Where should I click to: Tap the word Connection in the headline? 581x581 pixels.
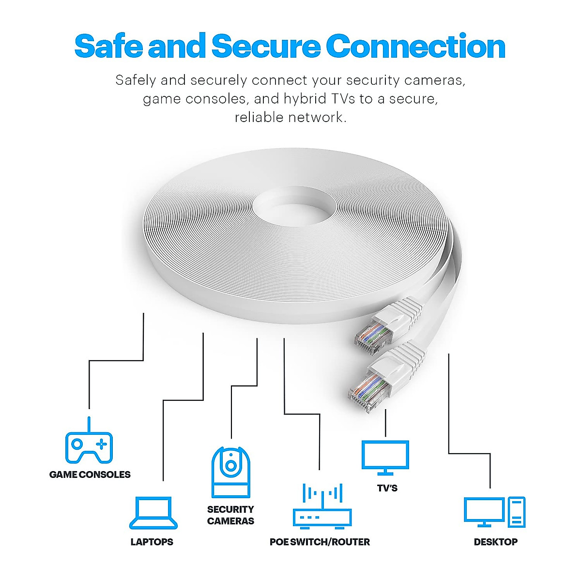tap(415, 46)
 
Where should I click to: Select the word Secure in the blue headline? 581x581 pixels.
tap(266, 46)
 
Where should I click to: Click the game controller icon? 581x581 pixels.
tap(89, 444)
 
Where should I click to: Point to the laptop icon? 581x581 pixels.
tap(153, 513)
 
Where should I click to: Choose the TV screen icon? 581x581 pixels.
tap(385, 457)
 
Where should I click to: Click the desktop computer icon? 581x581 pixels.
tap(494, 512)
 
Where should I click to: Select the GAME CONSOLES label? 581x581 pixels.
tap(90, 475)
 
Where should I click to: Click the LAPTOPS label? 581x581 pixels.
tap(152, 542)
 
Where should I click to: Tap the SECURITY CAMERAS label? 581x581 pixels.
tap(230, 515)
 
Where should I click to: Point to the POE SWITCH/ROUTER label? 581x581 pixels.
tap(320, 542)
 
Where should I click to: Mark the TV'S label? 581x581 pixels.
tap(387, 488)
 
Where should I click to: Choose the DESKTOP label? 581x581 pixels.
tap(495, 542)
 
